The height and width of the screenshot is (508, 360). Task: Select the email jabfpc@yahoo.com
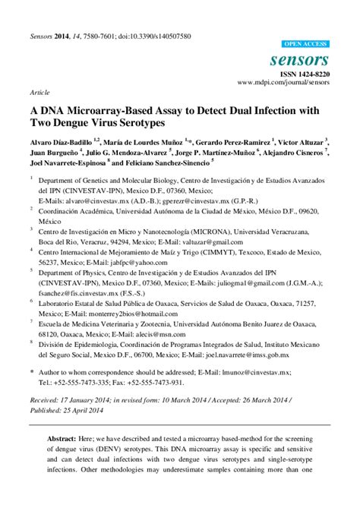(134, 262)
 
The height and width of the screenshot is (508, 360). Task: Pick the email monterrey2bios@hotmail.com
(135, 314)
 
